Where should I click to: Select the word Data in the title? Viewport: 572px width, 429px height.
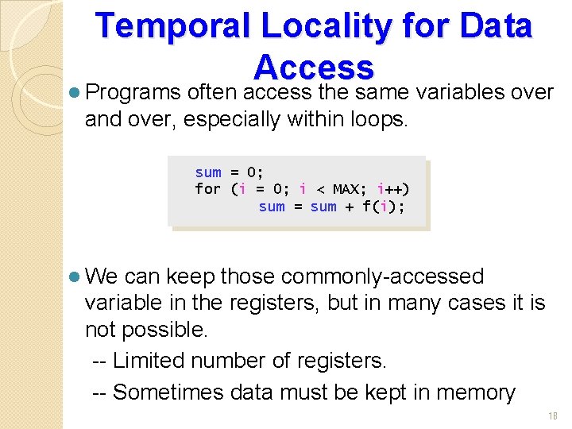(x=497, y=27)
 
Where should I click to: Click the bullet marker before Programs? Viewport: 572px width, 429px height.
(x=74, y=92)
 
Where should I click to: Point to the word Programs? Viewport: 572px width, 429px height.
(x=133, y=92)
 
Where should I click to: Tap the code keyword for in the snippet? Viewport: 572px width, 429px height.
(x=207, y=189)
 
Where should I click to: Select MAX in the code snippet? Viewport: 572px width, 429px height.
(x=346, y=189)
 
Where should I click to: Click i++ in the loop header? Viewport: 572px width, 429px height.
(x=392, y=189)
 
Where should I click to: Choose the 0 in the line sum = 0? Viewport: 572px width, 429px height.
(x=252, y=172)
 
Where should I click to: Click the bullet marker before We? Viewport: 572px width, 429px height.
(x=74, y=276)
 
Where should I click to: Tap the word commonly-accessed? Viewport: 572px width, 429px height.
(x=382, y=276)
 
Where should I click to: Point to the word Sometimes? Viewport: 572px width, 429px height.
(x=170, y=392)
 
